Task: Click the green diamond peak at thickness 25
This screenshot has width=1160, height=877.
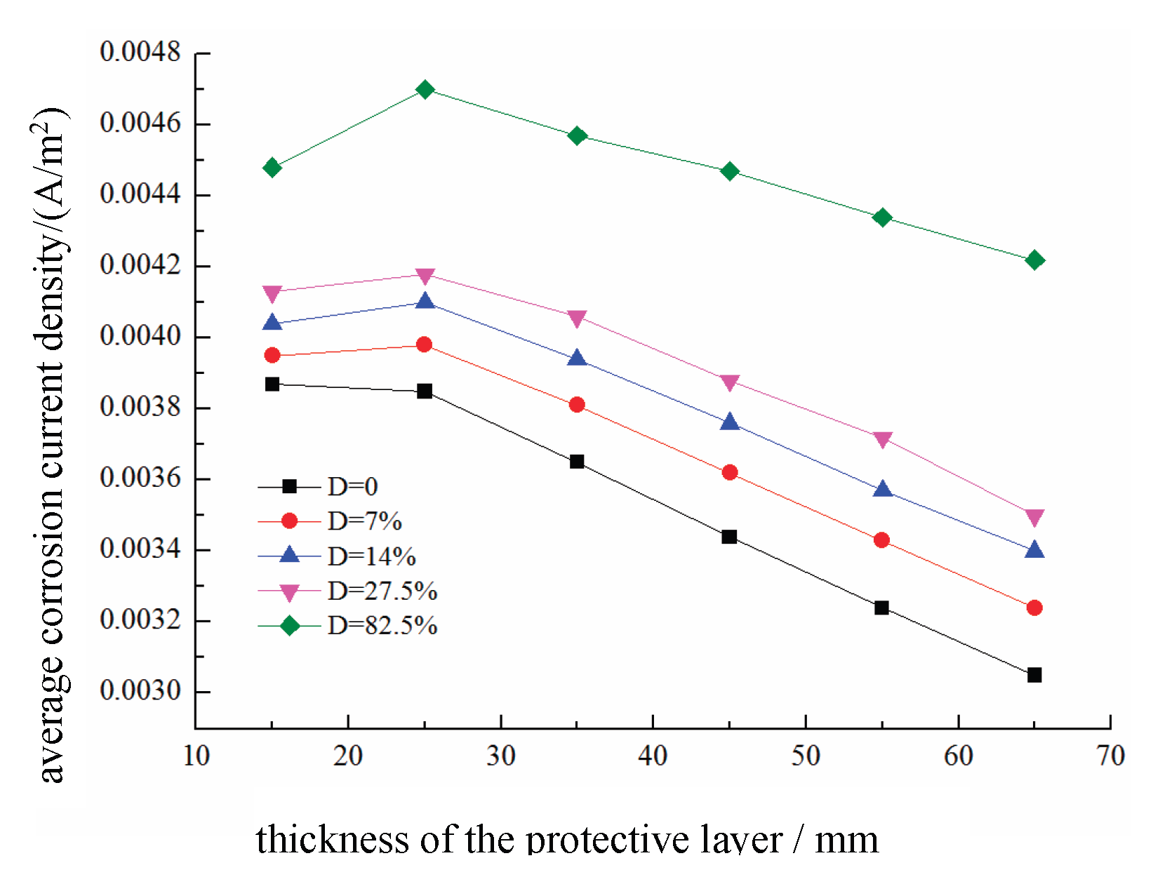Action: tap(425, 90)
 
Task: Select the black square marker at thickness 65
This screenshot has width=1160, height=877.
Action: tap(1034, 675)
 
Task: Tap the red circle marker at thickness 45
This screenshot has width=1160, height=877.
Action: tap(729, 472)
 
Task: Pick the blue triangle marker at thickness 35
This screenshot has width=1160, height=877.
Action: tap(577, 359)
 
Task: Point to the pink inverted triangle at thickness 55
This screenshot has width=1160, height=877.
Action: tap(882, 440)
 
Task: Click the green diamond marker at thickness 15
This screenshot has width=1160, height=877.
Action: tap(272, 168)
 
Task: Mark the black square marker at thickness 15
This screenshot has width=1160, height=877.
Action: tap(272, 384)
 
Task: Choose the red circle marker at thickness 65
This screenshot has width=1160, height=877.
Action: tap(1034, 608)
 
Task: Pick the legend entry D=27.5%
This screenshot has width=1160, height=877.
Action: tap(382, 591)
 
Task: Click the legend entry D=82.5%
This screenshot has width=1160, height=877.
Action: tap(382, 625)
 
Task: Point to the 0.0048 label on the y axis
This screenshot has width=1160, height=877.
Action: tap(140, 52)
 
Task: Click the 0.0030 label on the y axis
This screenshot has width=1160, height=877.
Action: tap(140, 690)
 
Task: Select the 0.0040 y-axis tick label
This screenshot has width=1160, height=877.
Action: tap(140, 336)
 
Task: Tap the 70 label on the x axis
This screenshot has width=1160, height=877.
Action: tap(1110, 756)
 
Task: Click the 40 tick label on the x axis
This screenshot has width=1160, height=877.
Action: tap(653, 756)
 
